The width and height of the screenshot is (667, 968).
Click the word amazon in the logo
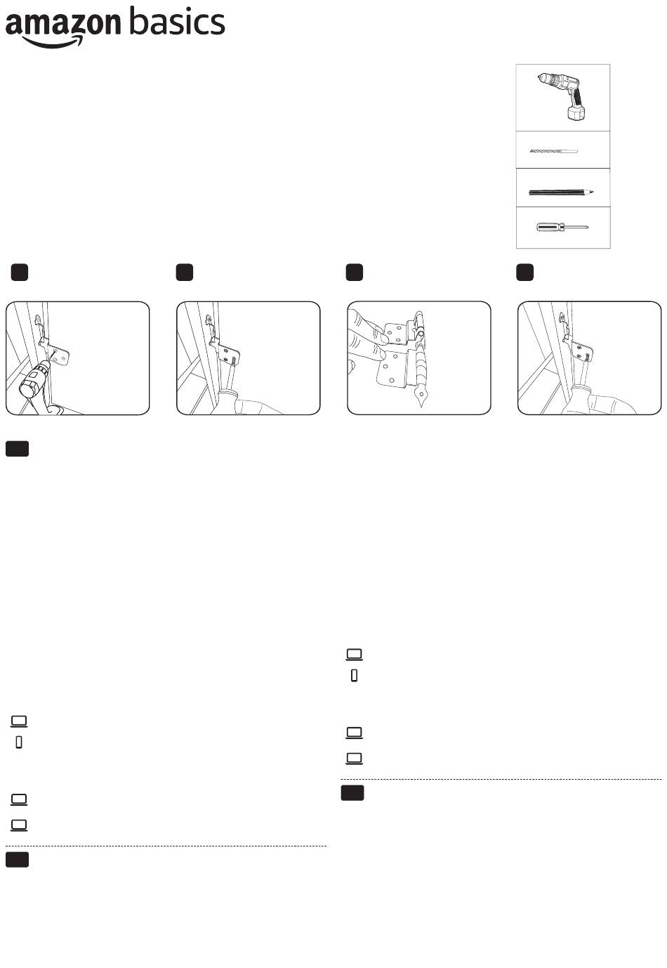pos(63,23)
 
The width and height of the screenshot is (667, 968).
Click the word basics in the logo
pos(177,21)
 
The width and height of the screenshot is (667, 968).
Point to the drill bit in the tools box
pos(554,151)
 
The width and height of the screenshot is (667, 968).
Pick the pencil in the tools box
pos(561,192)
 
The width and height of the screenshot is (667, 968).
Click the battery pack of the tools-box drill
pos(576,114)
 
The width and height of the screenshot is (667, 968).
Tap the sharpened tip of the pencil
pos(593,192)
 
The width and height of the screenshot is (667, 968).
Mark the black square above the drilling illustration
pos(19,273)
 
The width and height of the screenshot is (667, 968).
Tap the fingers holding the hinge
pos(366,341)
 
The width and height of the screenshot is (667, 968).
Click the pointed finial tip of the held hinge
pos(421,405)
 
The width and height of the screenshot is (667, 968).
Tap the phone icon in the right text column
pos(355,675)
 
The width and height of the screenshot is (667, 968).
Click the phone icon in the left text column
pos(19,742)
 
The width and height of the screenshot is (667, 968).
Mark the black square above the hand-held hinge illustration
pos(355,273)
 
